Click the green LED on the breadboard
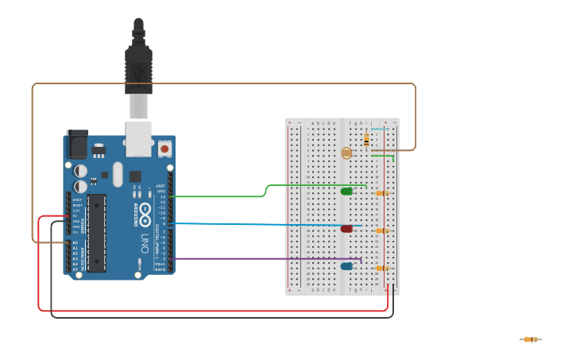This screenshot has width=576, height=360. click(x=346, y=192)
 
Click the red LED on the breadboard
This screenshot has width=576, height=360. click(x=346, y=229)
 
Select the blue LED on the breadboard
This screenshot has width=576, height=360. click(x=346, y=266)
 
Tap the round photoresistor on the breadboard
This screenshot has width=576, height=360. click(x=346, y=153)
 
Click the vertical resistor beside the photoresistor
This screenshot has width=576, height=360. click(x=366, y=140)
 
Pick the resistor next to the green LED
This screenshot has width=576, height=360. click(x=382, y=193)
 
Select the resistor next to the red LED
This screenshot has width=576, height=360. click(x=382, y=230)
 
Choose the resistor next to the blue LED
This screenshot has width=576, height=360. click(x=382, y=268)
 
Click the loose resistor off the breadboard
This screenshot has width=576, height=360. click(x=531, y=339)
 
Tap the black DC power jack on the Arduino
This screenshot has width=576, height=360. click(x=78, y=145)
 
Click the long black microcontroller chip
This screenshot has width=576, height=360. click(x=97, y=233)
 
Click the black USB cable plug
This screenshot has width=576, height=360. click(x=138, y=72)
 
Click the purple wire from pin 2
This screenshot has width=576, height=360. click(x=262, y=258)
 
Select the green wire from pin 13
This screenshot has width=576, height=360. click(x=222, y=195)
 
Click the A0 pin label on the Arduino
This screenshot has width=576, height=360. click(x=75, y=242)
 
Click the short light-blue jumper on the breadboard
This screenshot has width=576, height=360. click(x=380, y=129)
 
